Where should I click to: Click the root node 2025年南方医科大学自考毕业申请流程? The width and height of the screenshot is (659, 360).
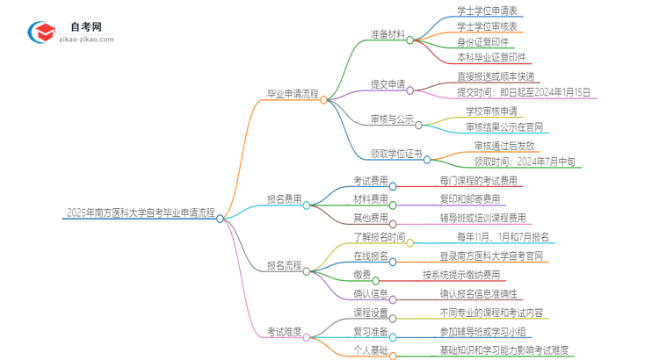coord(140,212)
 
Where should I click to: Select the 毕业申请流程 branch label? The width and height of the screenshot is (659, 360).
coord(293,94)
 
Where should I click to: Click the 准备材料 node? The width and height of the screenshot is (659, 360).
coord(387,36)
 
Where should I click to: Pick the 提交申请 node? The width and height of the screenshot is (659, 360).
coord(387,84)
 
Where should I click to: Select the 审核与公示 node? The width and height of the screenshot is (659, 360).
coord(393,119)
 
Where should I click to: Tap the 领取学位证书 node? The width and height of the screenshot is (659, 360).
coord(395,153)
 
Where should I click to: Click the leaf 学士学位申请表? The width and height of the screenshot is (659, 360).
coord(486,11)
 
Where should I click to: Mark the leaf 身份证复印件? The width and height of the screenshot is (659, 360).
coord(482,42)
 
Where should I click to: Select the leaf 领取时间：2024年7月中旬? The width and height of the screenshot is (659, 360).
coord(525,161)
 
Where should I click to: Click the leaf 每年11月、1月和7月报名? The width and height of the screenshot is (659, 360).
coord(502,236)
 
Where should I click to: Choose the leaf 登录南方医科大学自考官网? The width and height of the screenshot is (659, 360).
coord(491,256)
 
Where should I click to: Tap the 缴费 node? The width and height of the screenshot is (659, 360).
coord(362,274)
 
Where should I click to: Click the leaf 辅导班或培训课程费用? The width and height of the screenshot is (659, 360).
coord(483,218)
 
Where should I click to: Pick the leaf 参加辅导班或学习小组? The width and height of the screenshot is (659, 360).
coord(485,333)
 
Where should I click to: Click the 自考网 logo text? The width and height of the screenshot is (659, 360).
coord(85,27)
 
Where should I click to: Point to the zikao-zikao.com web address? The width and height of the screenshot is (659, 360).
coord(85,40)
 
